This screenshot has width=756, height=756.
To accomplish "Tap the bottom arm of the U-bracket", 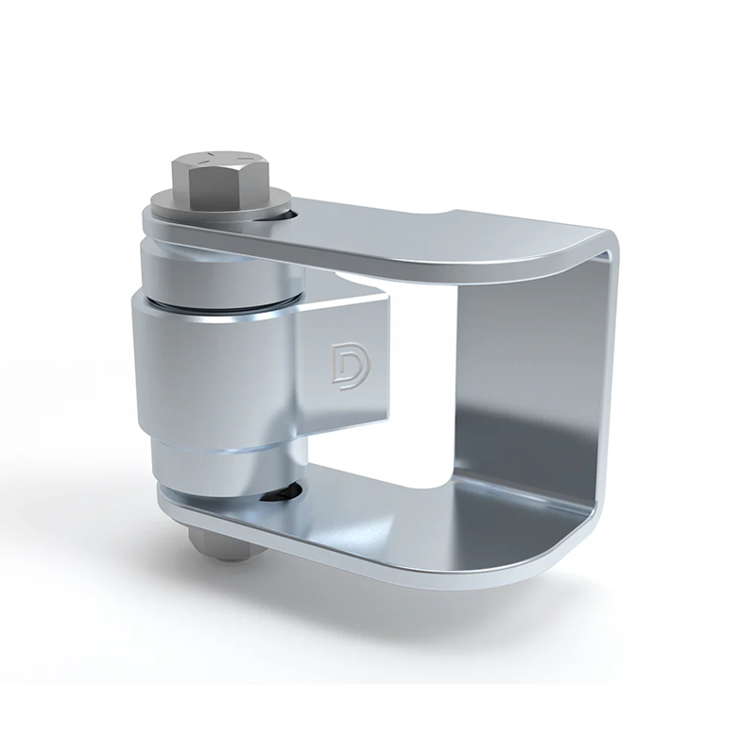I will point(425,529).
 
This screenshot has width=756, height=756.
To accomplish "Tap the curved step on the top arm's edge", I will point(444,215).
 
